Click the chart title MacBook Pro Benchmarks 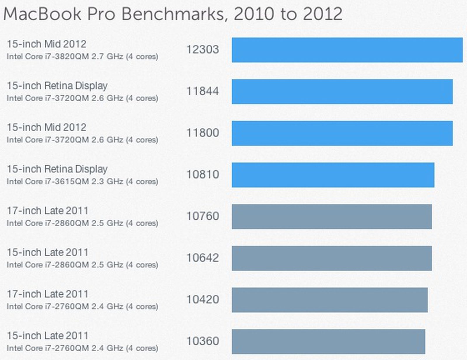coord(172,14)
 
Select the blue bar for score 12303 coord(347,50)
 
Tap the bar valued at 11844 coord(342,92)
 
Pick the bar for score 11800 coord(342,133)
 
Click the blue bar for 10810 coord(333,175)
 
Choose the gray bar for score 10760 coord(332,216)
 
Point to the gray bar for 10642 coord(332,258)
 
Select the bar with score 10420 coord(330,300)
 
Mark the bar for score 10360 coord(328,342)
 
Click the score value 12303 coord(203,49)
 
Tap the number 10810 coord(203,174)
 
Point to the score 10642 coord(203,258)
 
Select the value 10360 coord(203,341)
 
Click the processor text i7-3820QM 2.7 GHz coord(82,56)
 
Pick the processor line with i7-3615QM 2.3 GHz coord(82,181)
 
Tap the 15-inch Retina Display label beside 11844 coord(57,86)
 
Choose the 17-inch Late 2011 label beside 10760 coord(47,211)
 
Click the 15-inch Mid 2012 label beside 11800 coord(46,127)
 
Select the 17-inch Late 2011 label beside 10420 coord(47,294)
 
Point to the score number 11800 coord(203,133)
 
